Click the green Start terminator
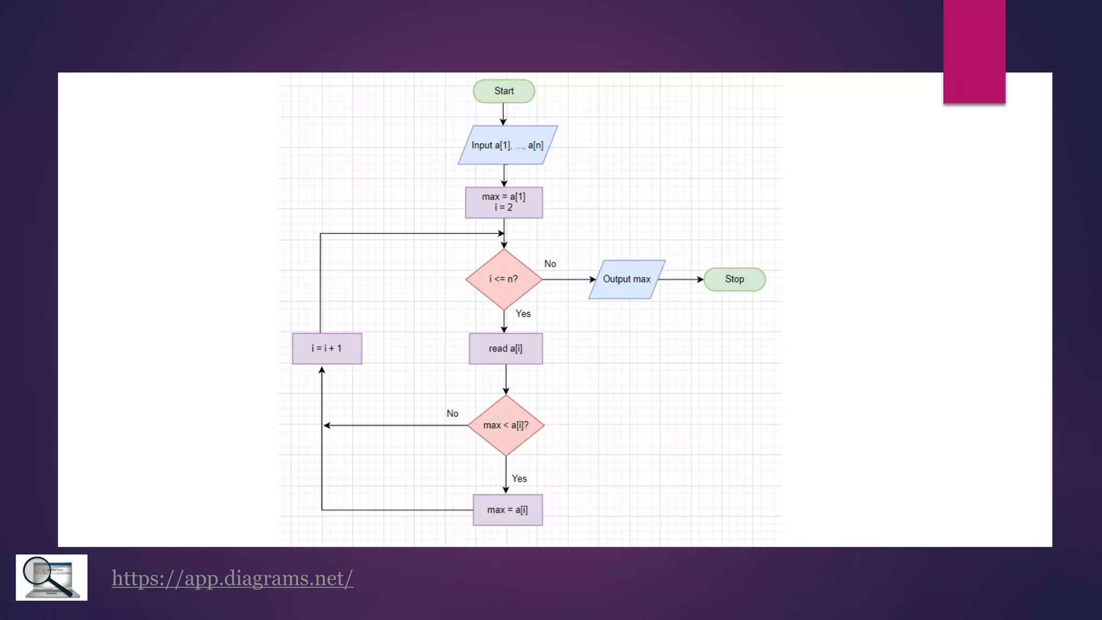504,91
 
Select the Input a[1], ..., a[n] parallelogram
507,145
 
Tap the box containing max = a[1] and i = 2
504,202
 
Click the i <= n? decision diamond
504,279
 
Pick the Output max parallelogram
626,279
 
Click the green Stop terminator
734,279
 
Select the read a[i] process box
505,349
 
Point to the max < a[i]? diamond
506,425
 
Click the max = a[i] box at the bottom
507,510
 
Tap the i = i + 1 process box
327,349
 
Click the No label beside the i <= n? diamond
550,264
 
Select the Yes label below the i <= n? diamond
523,314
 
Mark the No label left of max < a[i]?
452,413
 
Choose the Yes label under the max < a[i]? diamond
519,478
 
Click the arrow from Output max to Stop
681,279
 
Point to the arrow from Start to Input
504,114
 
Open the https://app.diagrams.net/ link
232,579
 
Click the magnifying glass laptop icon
52,577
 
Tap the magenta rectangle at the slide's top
974,51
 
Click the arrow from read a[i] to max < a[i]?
506,379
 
